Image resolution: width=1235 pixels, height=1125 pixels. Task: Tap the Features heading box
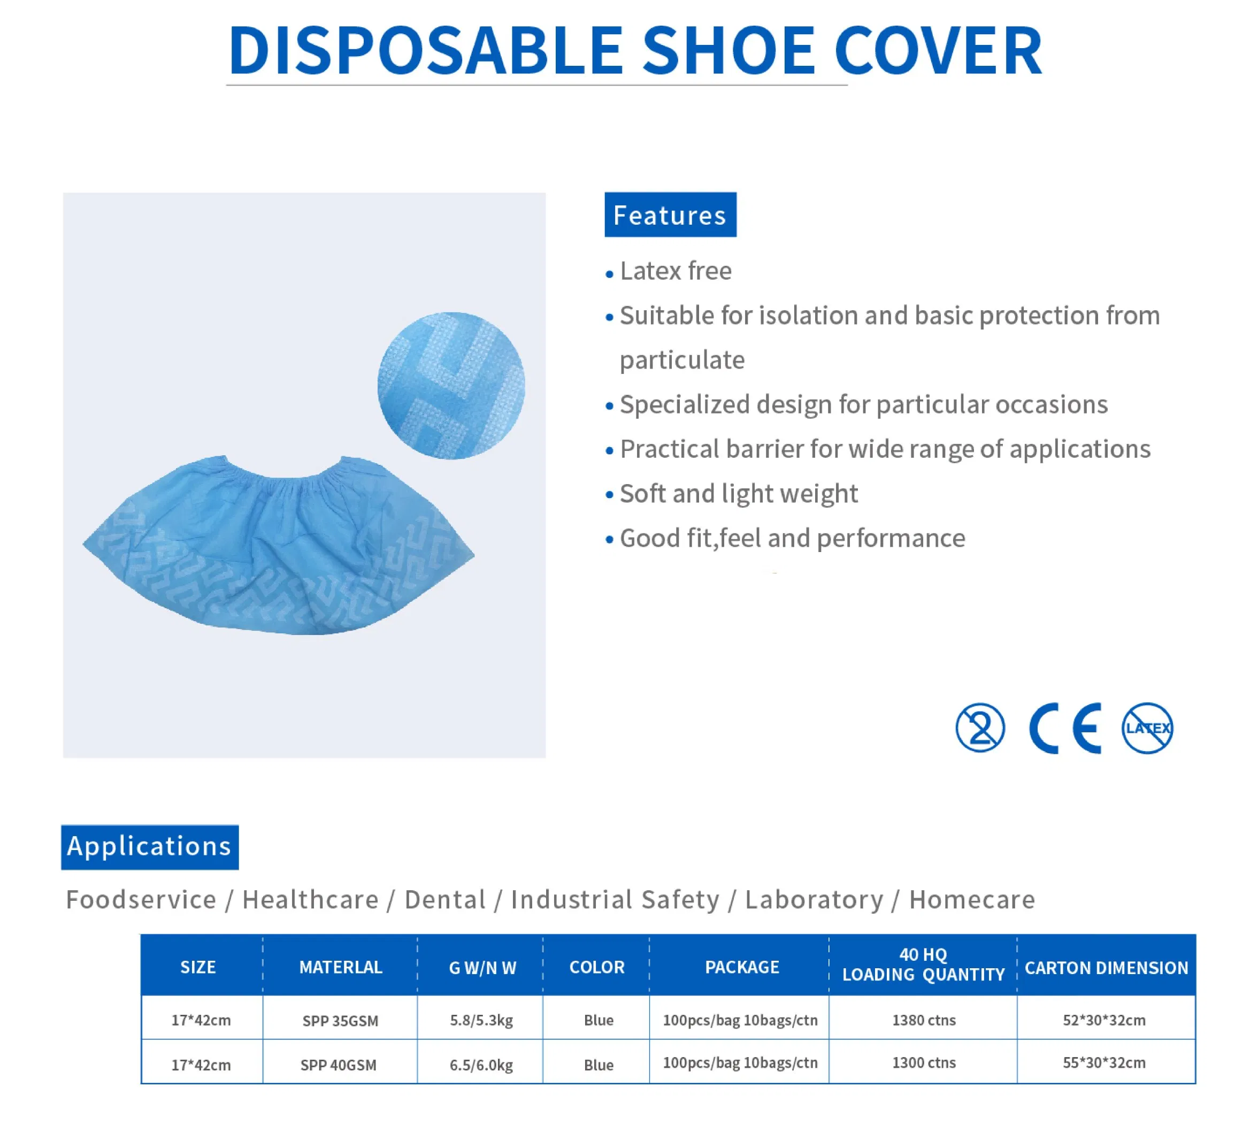coord(670,215)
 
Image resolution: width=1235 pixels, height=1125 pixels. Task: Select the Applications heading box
coord(149,846)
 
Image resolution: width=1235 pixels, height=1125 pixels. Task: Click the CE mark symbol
coord(1065,728)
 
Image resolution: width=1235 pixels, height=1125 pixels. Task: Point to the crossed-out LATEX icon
coord(1147,728)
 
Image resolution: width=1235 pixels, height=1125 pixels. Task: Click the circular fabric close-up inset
coord(451,385)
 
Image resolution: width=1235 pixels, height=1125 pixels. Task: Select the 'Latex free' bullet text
coord(675,271)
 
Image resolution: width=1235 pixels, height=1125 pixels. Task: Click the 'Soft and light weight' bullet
coord(738,494)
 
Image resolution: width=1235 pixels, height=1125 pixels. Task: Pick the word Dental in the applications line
coord(445,899)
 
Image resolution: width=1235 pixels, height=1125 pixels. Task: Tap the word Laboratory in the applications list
coord(814,899)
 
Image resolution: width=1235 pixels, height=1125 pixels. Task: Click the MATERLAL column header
coord(341,967)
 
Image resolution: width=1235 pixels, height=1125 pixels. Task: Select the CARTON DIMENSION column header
coord(1106,968)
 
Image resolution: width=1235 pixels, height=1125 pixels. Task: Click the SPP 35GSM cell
coord(340,1021)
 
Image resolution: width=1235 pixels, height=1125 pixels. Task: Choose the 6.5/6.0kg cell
coord(481,1065)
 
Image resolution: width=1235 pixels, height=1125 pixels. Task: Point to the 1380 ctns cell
coord(923,1020)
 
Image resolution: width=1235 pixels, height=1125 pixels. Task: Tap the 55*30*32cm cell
coord(1103,1062)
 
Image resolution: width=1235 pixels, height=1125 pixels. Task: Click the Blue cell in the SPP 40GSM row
coord(598,1065)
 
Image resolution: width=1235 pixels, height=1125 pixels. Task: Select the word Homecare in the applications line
coord(972,899)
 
